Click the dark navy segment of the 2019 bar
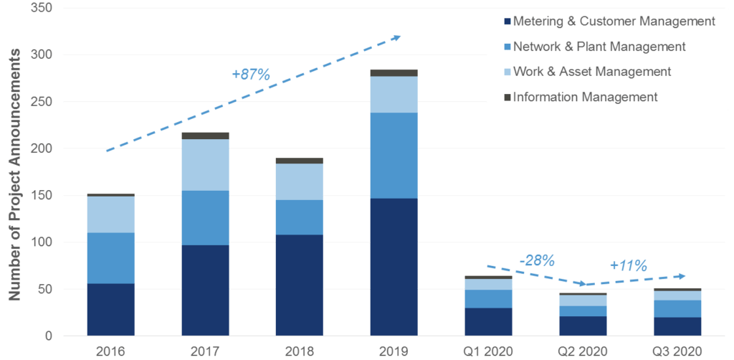(x=394, y=267)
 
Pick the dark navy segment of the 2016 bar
(x=110, y=309)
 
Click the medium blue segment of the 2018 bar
(x=299, y=217)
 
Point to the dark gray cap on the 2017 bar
(x=205, y=136)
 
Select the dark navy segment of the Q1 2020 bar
(x=488, y=321)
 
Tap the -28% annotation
(x=537, y=260)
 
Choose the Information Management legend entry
(x=585, y=97)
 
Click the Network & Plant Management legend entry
(x=599, y=47)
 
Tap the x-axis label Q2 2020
(x=583, y=351)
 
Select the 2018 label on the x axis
(x=299, y=351)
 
